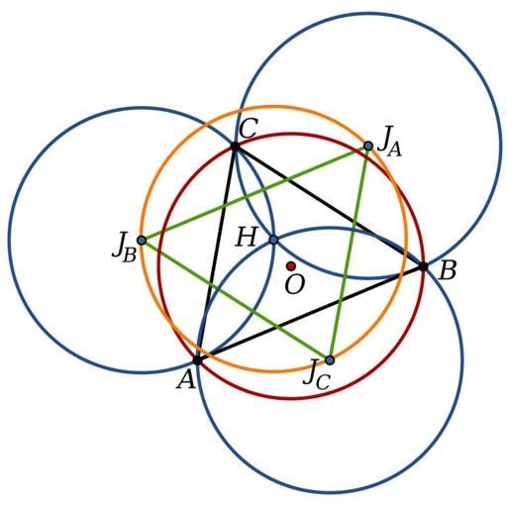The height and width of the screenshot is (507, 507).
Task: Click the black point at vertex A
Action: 197,360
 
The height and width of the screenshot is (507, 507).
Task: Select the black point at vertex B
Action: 423,266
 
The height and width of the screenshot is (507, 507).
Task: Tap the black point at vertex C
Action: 235,147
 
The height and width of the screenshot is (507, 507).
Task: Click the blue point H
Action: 273,240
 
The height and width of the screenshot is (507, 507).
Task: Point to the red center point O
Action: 291,265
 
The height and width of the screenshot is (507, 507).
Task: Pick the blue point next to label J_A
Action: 368,146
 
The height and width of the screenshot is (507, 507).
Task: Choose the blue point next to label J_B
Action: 142,240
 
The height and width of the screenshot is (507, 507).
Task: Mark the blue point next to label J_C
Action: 330,360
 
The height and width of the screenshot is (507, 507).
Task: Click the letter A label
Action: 186,379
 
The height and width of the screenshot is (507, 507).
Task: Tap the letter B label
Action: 448,270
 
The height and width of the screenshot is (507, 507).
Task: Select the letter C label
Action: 248,129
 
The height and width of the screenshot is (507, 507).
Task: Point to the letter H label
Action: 247,237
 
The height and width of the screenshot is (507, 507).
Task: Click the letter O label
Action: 294,284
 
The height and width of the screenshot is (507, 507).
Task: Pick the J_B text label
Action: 124,249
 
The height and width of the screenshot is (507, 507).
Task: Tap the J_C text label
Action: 317,375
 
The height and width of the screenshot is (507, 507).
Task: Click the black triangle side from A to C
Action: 216,253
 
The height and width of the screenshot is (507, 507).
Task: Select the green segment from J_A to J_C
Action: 349,253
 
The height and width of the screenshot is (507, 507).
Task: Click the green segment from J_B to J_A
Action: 254,193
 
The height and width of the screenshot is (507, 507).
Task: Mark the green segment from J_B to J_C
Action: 236,300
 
